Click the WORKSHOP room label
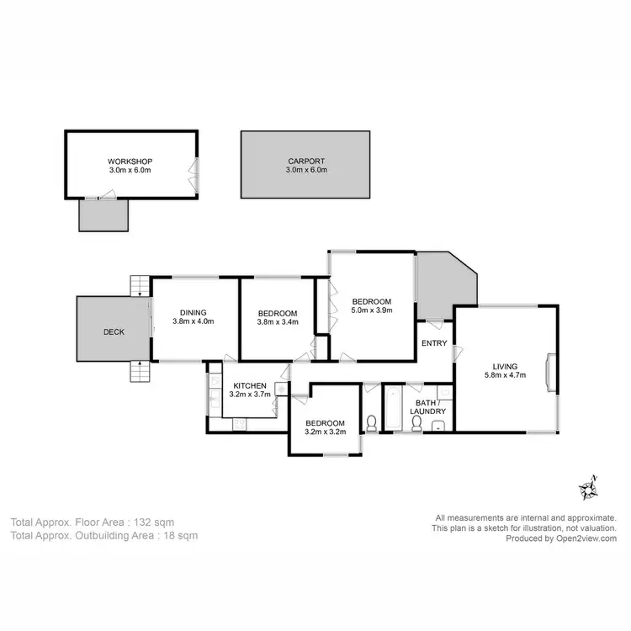pos(130,162)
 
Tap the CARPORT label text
pos(305,161)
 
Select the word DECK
pos(114,331)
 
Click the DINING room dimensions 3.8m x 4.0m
pos(194,321)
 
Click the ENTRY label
pos(434,342)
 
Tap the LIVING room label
pos(505,366)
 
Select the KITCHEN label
pos(249,385)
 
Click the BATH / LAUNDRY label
pos(422,406)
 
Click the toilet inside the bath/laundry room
pos(416,422)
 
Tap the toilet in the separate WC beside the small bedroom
pos(371,421)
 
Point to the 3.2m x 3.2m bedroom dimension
pos(325,432)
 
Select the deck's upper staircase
pos(138,285)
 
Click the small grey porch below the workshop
pos(103,215)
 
